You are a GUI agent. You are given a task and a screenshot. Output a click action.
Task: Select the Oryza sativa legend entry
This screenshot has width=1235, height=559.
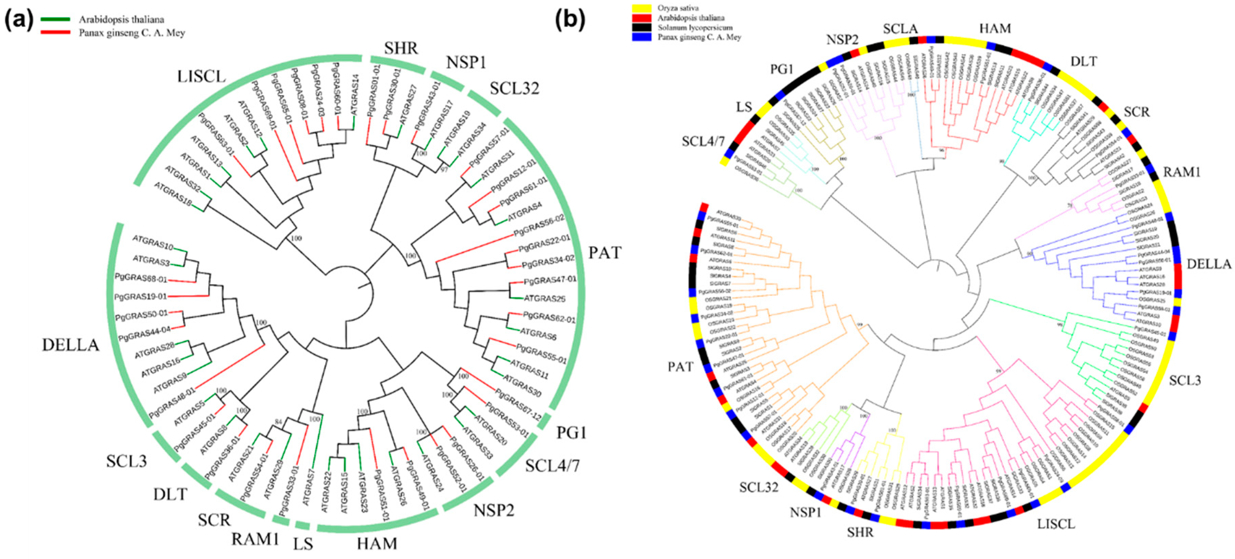click(678, 8)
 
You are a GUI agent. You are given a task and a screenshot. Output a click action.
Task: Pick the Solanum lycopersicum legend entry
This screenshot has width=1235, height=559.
click(695, 27)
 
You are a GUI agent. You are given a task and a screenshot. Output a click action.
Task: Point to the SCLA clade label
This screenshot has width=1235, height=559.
click(900, 29)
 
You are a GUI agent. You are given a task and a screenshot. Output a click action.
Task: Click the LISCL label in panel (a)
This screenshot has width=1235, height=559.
click(201, 76)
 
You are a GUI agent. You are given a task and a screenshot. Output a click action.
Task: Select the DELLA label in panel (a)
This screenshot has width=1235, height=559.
click(70, 345)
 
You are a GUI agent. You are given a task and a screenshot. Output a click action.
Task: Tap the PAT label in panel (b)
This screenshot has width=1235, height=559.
click(681, 367)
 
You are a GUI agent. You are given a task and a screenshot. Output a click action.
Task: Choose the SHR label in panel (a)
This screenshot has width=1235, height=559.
click(401, 48)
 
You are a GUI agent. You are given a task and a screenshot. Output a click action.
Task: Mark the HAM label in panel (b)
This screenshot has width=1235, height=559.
click(995, 29)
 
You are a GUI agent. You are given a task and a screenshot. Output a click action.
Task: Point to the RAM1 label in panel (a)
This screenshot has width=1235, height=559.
click(255, 539)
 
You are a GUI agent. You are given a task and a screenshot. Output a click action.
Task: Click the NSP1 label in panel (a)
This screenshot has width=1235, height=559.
click(466, 62)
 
